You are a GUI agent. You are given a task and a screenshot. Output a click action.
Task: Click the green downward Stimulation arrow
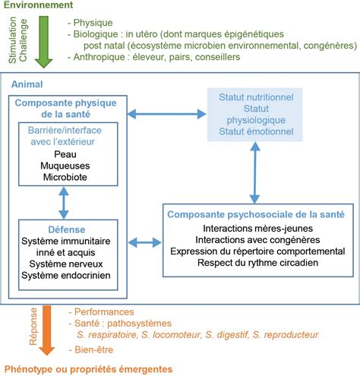click(44, 42)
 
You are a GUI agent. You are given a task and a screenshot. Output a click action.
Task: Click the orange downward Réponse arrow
click(47, 330)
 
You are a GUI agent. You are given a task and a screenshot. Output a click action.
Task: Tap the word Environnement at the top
click(38, 5)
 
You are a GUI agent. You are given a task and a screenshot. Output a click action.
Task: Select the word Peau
click(65, 154)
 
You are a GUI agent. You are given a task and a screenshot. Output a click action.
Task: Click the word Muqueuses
click(65, 166)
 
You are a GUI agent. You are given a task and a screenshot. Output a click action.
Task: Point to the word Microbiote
click(65, 177)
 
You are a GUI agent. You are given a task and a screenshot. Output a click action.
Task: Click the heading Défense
click(67, 229)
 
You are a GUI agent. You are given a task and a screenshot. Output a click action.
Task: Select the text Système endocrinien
click(66, 275)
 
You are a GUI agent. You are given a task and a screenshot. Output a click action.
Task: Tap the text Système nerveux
click(66, 264)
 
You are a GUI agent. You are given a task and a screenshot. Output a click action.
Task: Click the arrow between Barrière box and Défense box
click(64, 203)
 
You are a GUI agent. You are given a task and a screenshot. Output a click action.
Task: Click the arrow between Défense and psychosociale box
click(145, 242)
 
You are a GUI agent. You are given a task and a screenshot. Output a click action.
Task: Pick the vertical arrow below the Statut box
click(255, 173)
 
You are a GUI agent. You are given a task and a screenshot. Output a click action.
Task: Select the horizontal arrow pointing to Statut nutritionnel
click(166, 114)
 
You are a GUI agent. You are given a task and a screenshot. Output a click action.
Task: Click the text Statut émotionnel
click(256, 131)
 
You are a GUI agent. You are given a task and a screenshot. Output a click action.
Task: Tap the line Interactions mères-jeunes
click(257, 229)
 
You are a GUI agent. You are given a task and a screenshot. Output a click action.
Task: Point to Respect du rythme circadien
click(257, 263)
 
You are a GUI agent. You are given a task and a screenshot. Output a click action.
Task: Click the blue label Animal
click(27, 84)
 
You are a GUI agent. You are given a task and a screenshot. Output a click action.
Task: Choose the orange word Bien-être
click(94, 349)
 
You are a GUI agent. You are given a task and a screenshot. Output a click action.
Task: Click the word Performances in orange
click(104, 311)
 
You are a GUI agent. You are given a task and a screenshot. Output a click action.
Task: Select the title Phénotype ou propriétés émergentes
click(88, 369)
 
